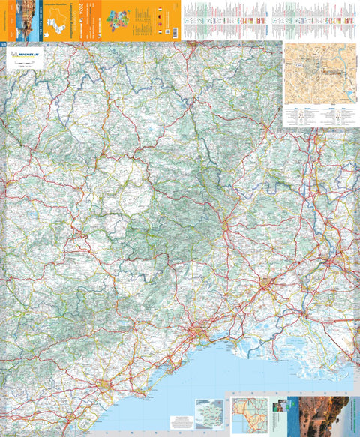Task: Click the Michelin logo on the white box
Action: coord(25,58)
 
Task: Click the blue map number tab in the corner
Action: coord(3,45)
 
